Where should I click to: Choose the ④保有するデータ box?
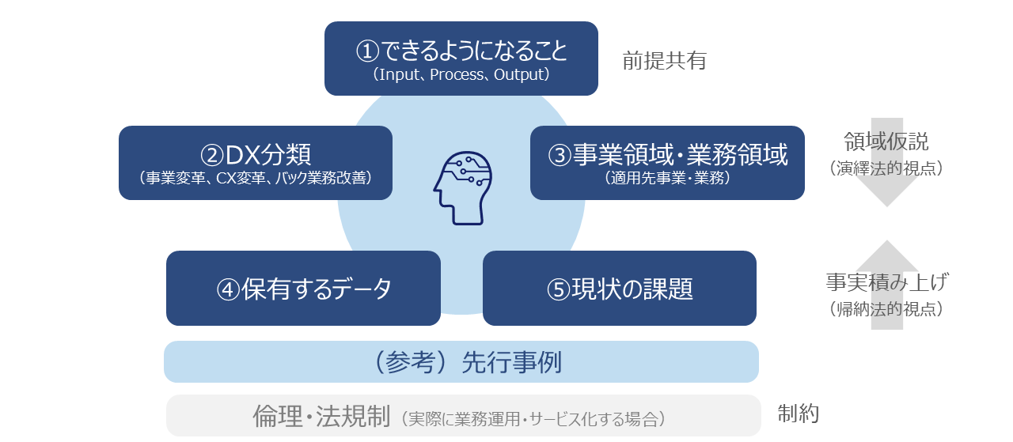pos(303,289)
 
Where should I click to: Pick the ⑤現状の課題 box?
pos(619,289)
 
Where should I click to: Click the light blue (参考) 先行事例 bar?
pos(461,362)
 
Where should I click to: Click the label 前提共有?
pos(663,61)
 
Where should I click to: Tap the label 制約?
pos(798,413)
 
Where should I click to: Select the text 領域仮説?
pos(886,142)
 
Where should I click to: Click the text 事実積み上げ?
pos(886,282)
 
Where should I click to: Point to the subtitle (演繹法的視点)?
pos(886,168)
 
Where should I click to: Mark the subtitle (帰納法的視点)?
pos(886,309)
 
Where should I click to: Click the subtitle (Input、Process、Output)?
pos(461,75)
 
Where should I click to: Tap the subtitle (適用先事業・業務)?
pos(667,178)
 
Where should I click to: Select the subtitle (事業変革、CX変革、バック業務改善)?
pos(255,178)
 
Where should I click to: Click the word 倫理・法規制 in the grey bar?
pos(321,416)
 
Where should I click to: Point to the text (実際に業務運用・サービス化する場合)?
pos(533,418)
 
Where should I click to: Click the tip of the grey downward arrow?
pos(887,205)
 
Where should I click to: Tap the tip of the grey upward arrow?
pos(887,242)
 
